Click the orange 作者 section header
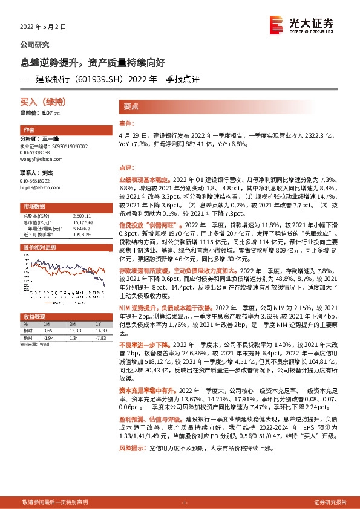(x=30, y=130)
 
